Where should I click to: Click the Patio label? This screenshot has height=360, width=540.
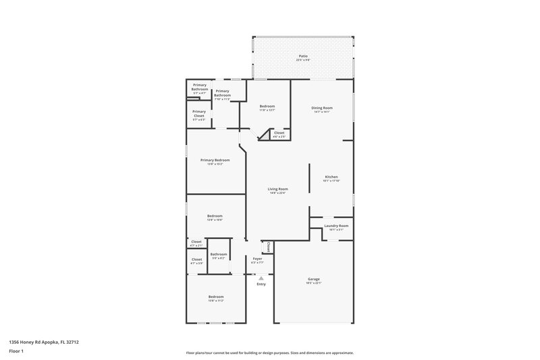tap(302, 56)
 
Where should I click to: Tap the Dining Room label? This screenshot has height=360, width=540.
tap(322, 108)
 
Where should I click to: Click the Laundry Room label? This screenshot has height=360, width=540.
tap(336, 226)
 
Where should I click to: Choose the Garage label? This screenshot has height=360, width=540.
tap(313, 278)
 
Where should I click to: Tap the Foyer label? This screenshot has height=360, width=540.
tap(257, 259)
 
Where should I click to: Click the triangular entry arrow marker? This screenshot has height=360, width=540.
tap(261, 278)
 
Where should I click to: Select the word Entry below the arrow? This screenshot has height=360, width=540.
tap(261, 284)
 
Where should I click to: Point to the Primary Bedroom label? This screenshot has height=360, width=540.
tap(215, 160)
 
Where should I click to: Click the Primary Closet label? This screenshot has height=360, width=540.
tap(199, 113)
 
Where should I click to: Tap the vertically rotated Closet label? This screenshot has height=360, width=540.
tap(269, 247)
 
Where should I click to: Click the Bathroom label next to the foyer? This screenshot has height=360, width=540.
tap(218, 254)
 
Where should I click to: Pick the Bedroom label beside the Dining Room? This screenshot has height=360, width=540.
tap(267, 107)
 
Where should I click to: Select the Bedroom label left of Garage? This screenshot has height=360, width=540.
tap(215, 297)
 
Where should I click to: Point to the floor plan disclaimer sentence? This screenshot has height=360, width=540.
tap(270, 353)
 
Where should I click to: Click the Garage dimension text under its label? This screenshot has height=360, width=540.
tap(313, 283)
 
